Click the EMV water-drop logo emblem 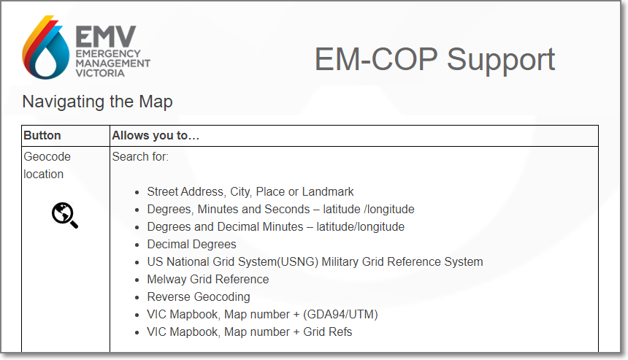45,47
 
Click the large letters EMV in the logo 106,37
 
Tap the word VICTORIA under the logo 100,73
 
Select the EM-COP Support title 434,60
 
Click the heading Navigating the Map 97,102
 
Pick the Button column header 42,135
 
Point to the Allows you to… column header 156,135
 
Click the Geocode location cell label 47,165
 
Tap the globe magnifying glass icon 64,215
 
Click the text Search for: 140,156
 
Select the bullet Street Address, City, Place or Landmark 250,192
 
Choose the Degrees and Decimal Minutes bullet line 275,226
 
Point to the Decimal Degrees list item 191,245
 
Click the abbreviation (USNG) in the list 298,262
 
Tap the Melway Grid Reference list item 208,279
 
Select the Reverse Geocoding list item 199,296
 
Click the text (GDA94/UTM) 340,314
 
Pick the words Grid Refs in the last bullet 328,332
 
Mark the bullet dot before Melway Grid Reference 137,280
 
